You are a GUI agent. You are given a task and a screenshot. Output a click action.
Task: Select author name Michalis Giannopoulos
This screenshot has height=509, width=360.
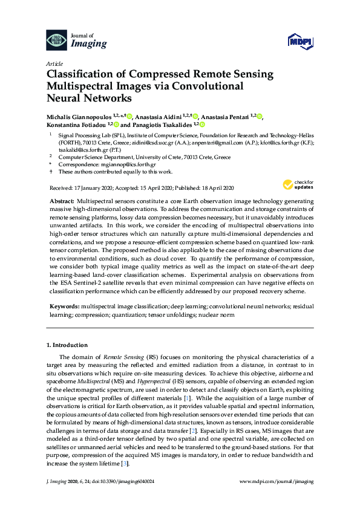tap(79, 115)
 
